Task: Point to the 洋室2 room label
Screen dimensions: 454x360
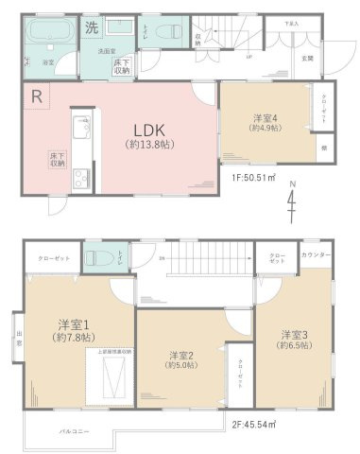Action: [181, 359]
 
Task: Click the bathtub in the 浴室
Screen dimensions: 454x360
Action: [46, 38]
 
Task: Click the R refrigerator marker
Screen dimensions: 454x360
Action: [36, 96]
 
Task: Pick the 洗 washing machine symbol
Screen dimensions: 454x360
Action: [92, 27]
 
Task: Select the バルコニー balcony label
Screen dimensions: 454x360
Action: [73, 429]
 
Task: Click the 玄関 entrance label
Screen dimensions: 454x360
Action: [308, 58]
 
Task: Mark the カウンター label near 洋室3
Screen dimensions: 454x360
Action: [317, 256]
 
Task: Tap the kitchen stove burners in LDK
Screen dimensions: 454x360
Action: [79, 175]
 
